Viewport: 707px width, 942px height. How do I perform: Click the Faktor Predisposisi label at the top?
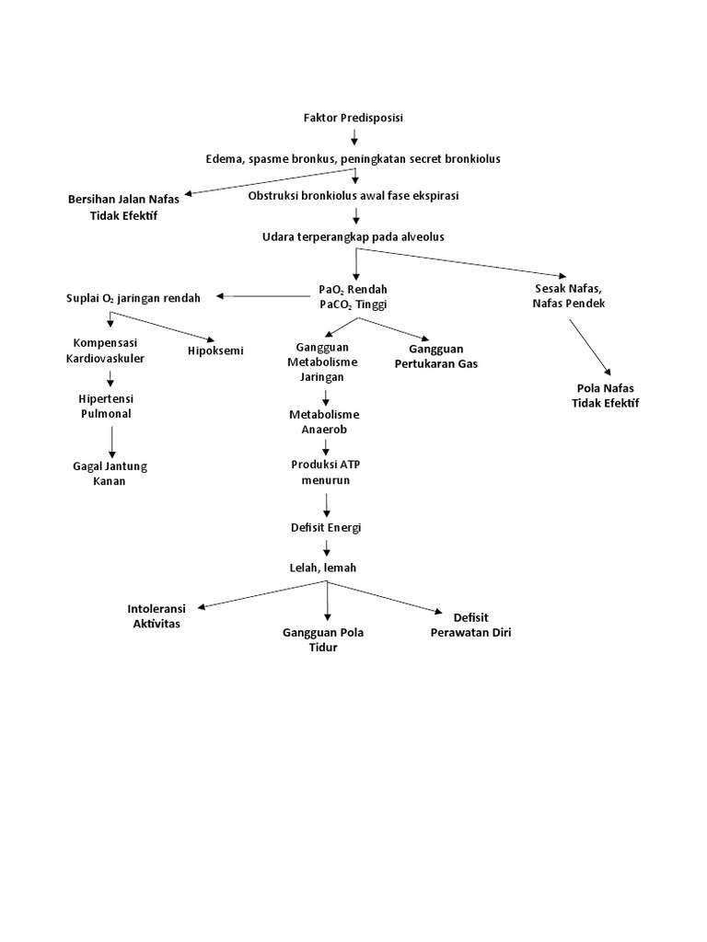[353, 118]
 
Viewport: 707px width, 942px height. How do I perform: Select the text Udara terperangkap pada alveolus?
[353, 236]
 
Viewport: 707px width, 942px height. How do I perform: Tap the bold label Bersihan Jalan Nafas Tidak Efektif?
[124, 206]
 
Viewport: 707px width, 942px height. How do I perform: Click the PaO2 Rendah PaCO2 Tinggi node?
[353, 297]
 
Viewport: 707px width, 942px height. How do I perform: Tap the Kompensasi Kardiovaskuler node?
[105, 350]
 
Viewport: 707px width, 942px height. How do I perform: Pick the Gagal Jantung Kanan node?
[110, 474]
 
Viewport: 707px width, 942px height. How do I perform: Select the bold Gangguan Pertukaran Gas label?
[435, 356]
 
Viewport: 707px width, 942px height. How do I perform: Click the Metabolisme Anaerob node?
[325, 422]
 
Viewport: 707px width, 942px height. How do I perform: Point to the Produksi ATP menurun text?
[325, 472]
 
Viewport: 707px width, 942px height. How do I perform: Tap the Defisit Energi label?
[326, 527]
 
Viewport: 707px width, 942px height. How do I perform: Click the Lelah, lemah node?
[326, 568]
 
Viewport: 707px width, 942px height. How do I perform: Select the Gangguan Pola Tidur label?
[323, 640]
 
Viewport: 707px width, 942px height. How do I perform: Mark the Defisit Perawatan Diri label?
[470, 625]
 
